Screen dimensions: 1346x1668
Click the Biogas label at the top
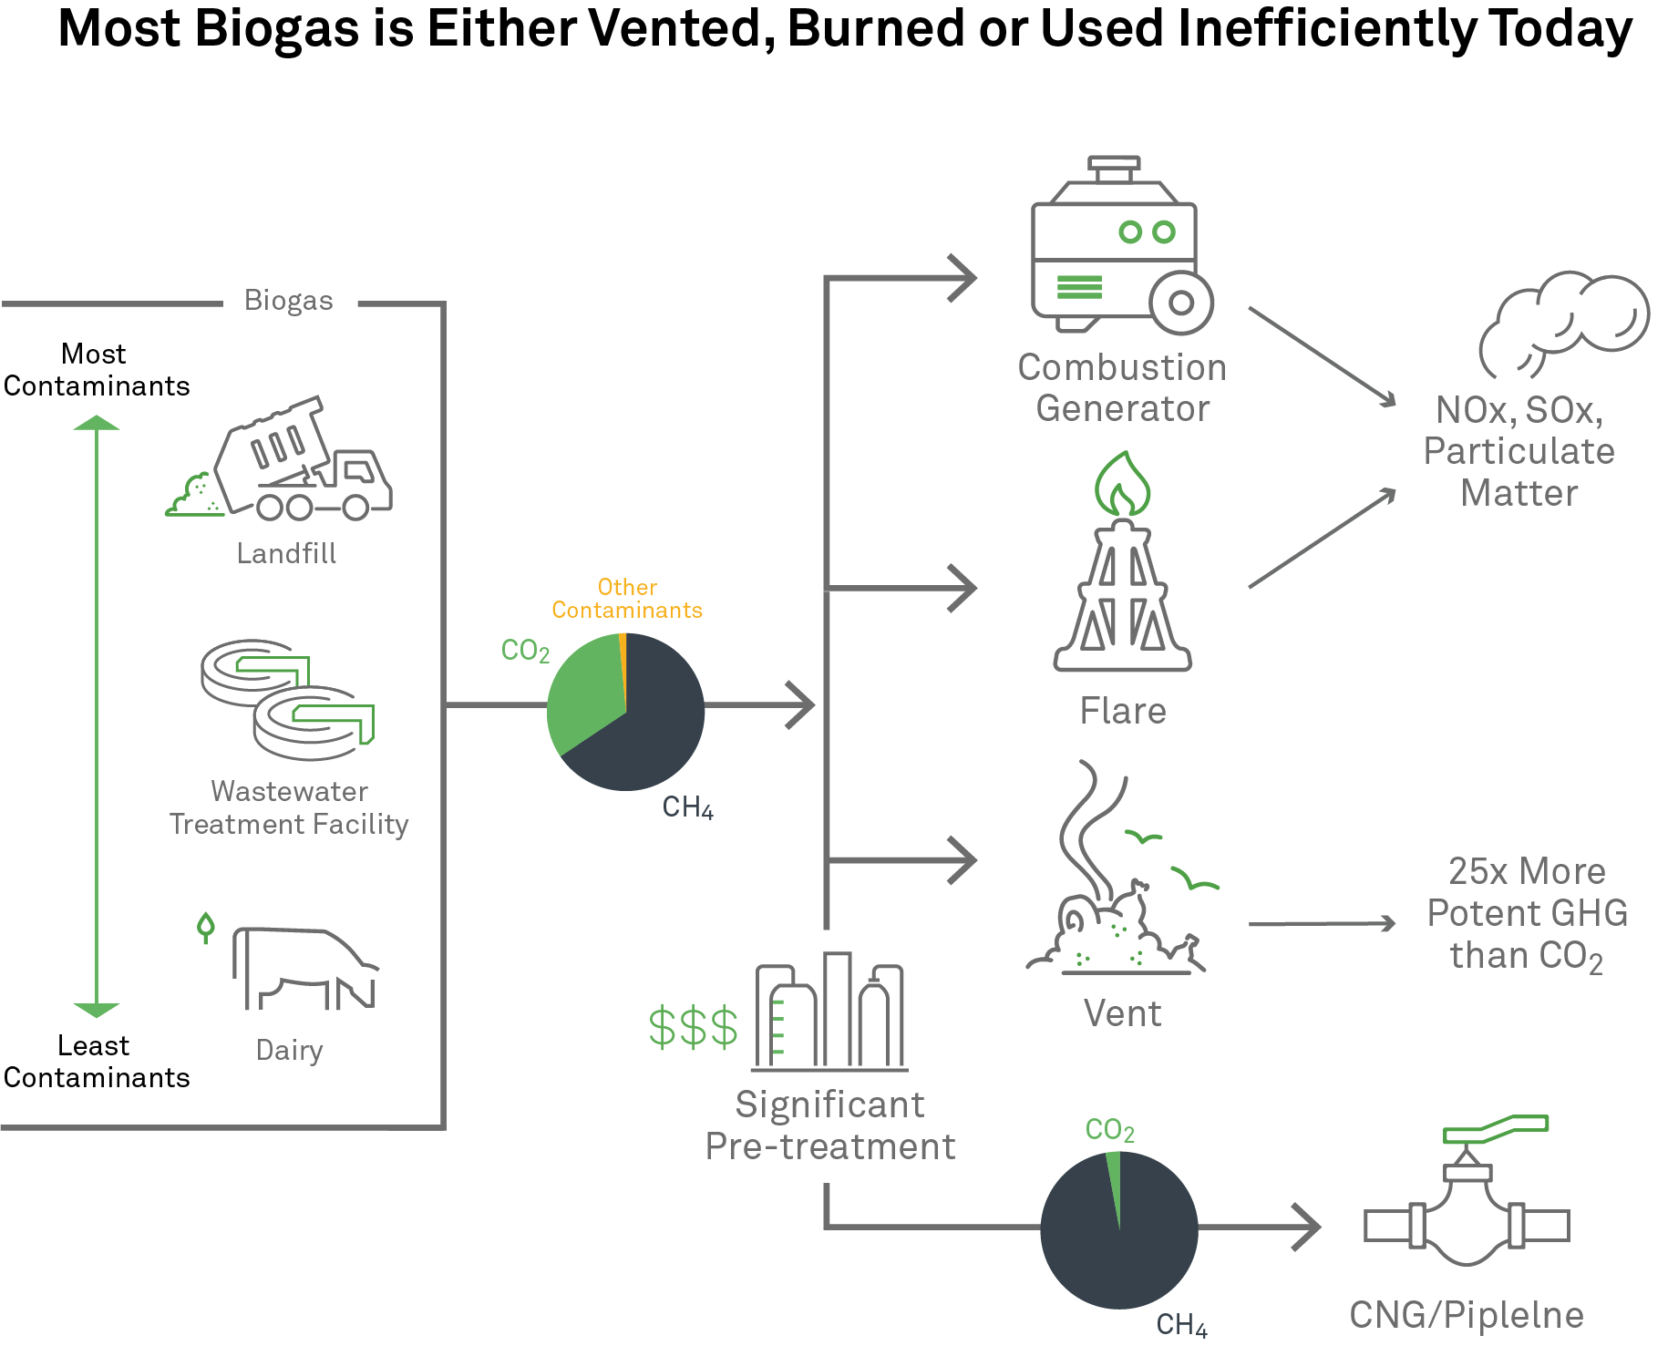tap(288, 301)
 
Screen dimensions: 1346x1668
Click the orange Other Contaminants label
tap(627, 599)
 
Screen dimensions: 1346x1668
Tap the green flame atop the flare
tap(1123, 483)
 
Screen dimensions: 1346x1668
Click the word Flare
tap(1123, 711)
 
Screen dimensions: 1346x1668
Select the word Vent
tap(1123, 1013)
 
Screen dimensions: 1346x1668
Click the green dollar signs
tap(693, 1028)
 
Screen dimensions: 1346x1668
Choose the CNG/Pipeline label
tap(1467, 1315)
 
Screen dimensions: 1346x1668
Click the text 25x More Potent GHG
tap(1527, 893)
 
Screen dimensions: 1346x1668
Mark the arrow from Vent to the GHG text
tap(1322, 924)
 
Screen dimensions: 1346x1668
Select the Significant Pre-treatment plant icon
tap(829, 1012)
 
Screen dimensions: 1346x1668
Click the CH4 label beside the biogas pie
tap(687, 807)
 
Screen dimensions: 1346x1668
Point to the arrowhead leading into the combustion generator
tap(962, 277)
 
